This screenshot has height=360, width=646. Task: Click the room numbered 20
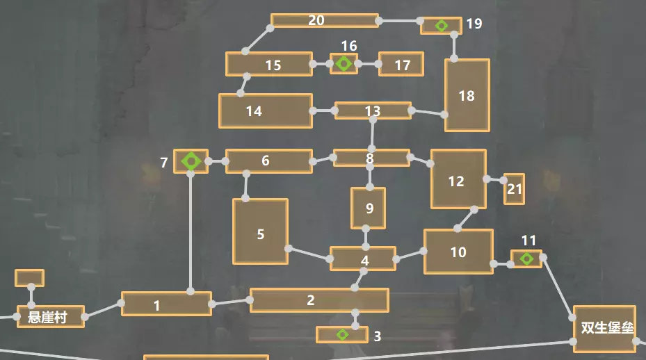coord(324,21)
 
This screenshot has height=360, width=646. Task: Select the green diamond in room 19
coord(441,26)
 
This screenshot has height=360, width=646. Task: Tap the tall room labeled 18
coord(467,95)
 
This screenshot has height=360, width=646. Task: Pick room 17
coord(401,65)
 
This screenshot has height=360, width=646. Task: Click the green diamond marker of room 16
coord(344,64)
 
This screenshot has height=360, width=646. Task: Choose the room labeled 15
coord(269,64)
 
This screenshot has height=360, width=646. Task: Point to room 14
coord(265,111)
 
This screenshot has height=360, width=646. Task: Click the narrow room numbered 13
coord(373,111)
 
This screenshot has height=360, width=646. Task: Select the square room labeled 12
coord(458,179)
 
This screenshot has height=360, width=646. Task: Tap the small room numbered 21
coord(514,189)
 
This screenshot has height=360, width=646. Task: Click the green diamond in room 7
coord(191,161)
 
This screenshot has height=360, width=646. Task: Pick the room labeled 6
coord(268,161)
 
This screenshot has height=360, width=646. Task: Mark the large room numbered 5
coord(260,231)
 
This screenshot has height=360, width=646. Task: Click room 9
coord(368,208)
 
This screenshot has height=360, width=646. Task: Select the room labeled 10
coord(458,252)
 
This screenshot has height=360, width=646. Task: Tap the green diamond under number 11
coord(527,259)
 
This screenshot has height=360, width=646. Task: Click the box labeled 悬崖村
coord(50,317)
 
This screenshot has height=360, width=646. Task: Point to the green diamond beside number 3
coord(342,335)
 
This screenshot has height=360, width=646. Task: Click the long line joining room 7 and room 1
coord(190,229)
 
